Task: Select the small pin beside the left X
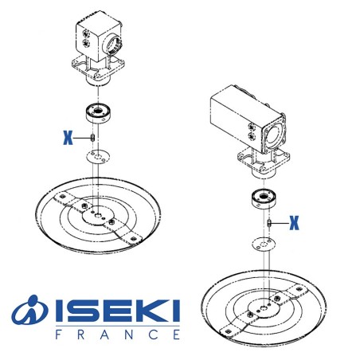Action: click(x=94, y=138)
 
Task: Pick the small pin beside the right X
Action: click(x=270, y=223)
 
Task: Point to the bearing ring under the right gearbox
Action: click(x=267, y=199)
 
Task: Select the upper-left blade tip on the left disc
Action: click(x=53, y=193)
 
